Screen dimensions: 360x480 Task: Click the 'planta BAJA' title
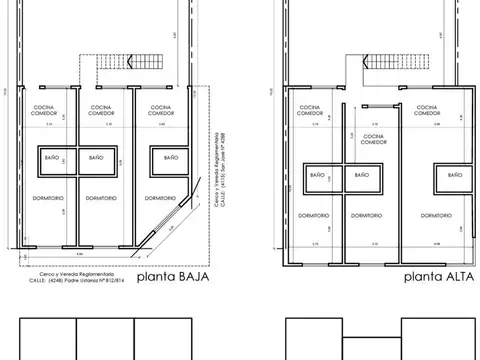[172, 279]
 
